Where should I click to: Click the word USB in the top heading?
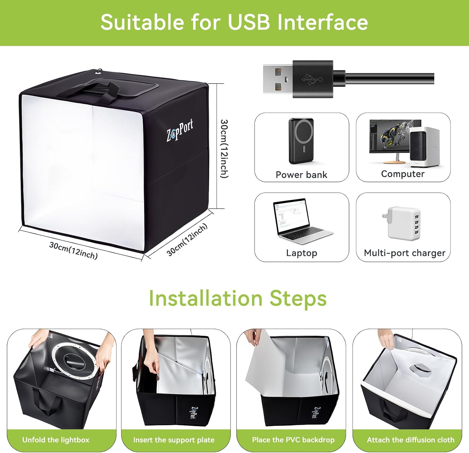[249, 22]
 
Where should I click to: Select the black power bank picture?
[301, 141]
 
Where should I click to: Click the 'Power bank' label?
[301, 175]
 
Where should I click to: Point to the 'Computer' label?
[403, 174]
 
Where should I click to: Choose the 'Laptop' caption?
[302, 253]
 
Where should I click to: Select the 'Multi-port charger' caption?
[405, 253]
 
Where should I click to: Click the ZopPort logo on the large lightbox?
[180, 130]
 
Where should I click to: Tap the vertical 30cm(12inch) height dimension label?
[224, 149]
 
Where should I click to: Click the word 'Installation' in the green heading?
[205, 298]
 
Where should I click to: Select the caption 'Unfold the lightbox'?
[56, 440]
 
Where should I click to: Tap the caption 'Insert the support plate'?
[174, 440]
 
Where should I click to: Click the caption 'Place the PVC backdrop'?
[293, 440]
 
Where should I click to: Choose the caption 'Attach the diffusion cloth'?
[411, 440]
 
